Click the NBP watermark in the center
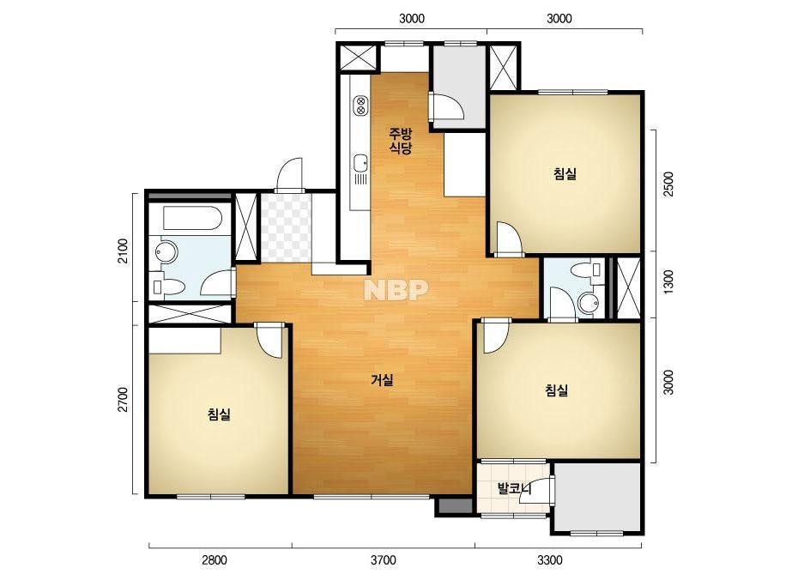[x=396, y=289]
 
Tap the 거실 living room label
[x=383, y=380]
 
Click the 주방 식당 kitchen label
[x=400, y=141]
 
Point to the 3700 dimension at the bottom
[x=384, y=559]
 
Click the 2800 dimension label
[x=215, y=559]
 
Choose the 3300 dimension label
[x=549, y=559]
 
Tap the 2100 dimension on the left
[x=123, y=251]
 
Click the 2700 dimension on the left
[x=123, y=400]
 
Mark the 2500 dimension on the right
[x=668, y=184]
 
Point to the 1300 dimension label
[x=668, y=283]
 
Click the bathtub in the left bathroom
[x=192, y=218]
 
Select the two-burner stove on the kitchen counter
[x=360, y=105]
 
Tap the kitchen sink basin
[x=360, y=163]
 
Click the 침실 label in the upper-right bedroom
[x=565, y=174]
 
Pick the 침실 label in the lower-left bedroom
[x=219, y=414]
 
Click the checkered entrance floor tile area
[x=286, y=227]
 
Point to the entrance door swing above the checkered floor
[x=290, y=174]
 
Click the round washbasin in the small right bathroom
[x=588, y=303]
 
